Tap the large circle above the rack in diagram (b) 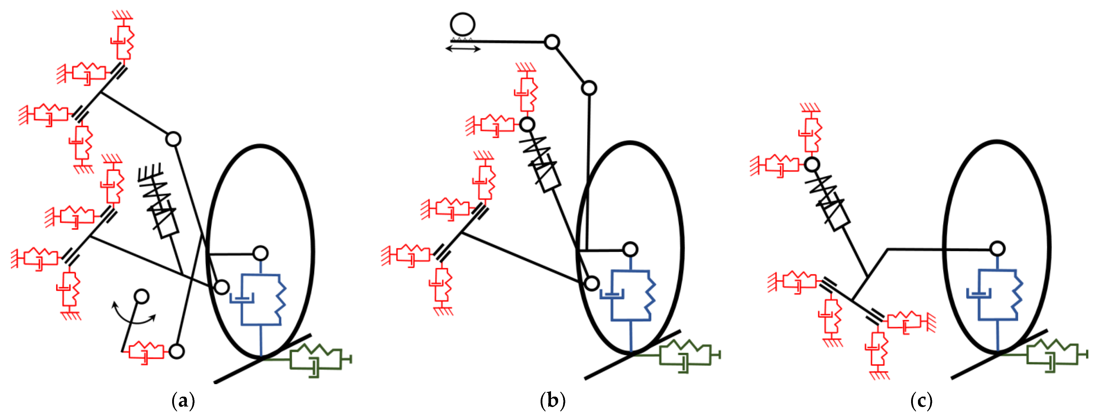click(x=462, y=24)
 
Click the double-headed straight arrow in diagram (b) click(x=463, y=49)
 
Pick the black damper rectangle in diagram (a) click(x=166, y=223)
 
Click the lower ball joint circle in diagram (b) click(x=592, y=283)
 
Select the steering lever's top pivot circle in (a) click(x=141, y=296)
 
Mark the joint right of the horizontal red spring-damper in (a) click(x=177, y=351)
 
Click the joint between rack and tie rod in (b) click(x=552, y=42)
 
